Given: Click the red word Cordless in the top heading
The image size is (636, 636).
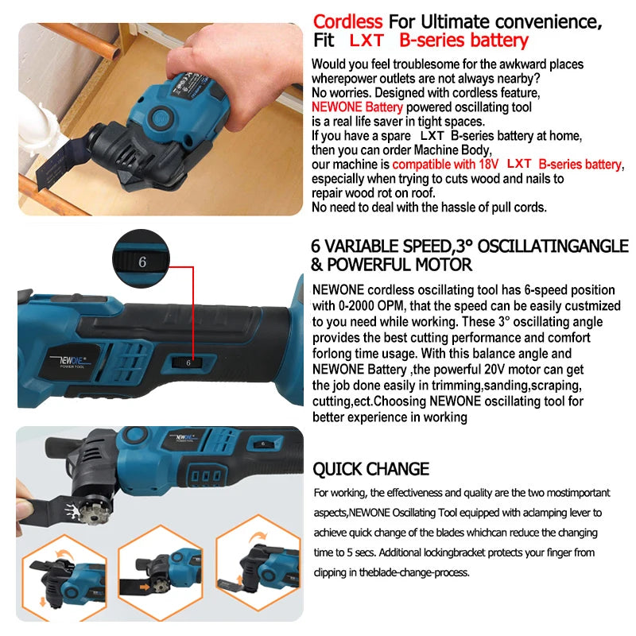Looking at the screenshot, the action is point(347,22).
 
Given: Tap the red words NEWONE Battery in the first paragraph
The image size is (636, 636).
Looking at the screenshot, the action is point(357,107).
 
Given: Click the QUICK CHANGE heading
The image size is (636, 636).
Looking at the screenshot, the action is point(370,469).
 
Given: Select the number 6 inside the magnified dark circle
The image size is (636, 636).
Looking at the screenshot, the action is point(142,262).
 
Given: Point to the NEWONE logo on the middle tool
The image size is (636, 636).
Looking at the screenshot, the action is point(72,361).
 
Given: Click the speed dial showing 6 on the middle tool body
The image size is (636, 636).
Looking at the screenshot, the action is point(188,363).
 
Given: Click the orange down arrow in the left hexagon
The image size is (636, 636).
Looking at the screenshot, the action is point(43,602).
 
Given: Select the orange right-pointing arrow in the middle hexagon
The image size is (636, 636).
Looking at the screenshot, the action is point(144,587).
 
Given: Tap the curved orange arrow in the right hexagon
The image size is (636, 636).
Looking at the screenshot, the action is point(259,536).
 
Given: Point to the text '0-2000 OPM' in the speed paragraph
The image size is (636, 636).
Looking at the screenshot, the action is point(372,306).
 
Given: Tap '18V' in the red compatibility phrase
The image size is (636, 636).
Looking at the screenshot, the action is point(489,165).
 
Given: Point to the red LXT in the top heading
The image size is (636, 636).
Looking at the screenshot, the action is point(366,41).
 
